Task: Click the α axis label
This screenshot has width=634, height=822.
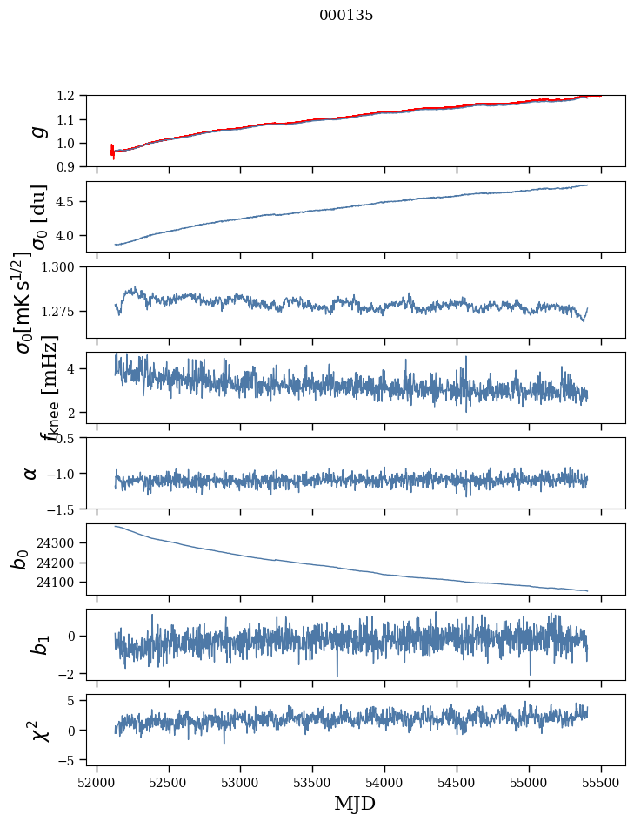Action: (x=30, y=472)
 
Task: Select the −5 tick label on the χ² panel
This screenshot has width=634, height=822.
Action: (x=70, y=760)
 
